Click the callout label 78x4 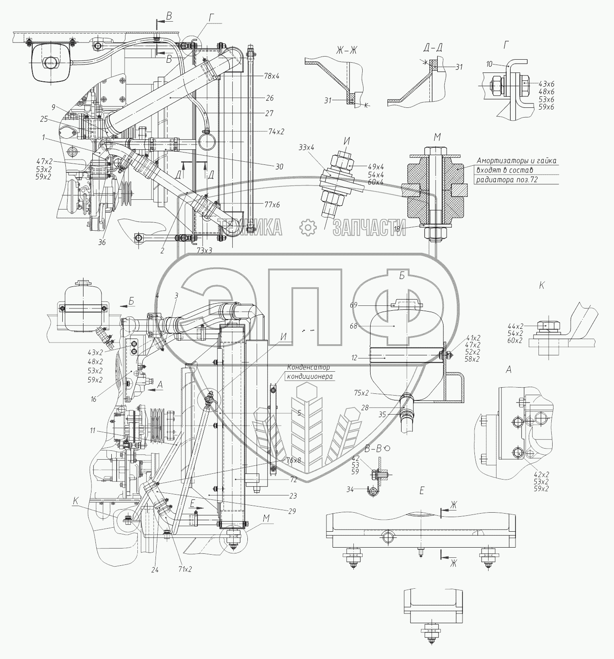[x=272, y=76]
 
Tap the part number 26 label [x=269, y=98]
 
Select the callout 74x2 [x=276, y=132]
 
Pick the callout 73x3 [x=205, y=250]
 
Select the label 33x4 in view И [x=306, y=147]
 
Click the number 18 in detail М [x=396, y=229]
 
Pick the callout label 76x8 [x=293, y=460]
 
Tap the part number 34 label [x=350, y=489]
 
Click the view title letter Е [x=422, y=491]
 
